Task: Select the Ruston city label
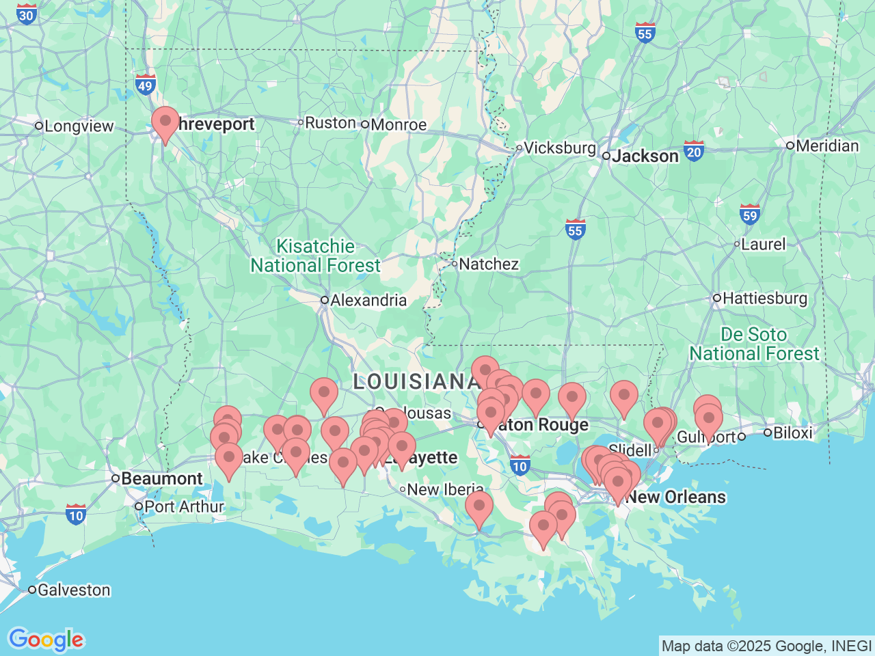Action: [x=330, y=123]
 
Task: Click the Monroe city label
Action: [x=398, y=125]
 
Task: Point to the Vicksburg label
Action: [x=560, y=148]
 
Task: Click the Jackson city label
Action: [x=645, y=156]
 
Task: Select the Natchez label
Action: [x=489, y=264]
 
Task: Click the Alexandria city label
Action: [x=368, y=300]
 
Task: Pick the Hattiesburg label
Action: [x=764, y=299]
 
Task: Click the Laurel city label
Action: [x=764, y=244]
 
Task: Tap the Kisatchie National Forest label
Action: [x=315, y=256]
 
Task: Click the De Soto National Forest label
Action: [x=754, y=344]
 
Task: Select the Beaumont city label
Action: [x=161, y=478]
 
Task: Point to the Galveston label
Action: [x=73, y=590]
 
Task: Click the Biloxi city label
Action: [x=792, y=433]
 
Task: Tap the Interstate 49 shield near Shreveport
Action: [x=145, y=85]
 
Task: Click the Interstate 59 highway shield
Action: [x=750, y=215]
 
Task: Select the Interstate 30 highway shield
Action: [x=26, y=14]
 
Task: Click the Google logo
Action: [x=46, y=640]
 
